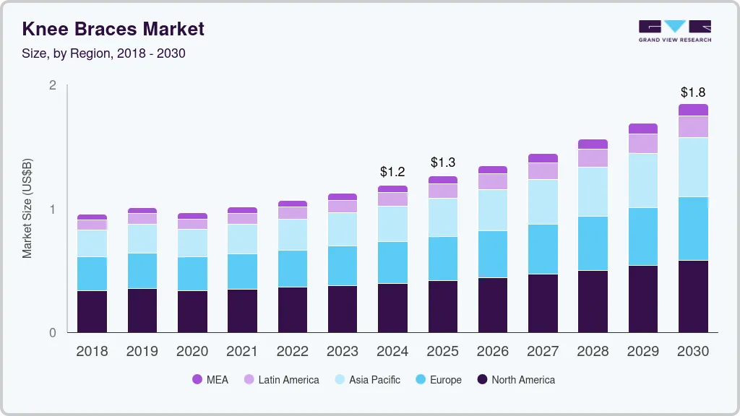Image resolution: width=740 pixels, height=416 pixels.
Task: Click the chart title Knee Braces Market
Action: [113, 29]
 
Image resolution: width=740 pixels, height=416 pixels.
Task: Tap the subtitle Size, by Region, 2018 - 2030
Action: [103, 53]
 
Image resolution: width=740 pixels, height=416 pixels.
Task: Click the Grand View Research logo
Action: [674, 30]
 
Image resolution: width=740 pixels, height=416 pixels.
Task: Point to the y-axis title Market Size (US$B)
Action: [27, 208]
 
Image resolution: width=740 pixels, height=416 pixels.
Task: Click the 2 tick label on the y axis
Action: [52, 85]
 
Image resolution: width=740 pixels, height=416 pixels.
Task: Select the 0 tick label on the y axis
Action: [52, 333]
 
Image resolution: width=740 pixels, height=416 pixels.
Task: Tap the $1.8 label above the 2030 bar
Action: [693, 92]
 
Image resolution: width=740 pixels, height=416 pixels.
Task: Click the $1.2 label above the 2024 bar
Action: [392, 172]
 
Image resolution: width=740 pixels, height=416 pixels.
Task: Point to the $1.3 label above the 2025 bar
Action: [442, 162]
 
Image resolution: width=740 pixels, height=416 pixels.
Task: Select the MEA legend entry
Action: [210, 379]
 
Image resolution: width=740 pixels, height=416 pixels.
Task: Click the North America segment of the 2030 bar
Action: [693, 296]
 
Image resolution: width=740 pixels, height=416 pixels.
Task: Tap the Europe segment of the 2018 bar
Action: [92, 274]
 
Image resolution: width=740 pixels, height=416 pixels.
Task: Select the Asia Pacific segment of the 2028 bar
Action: [593, 191]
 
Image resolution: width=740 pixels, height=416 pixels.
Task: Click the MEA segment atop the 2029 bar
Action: [642, 129]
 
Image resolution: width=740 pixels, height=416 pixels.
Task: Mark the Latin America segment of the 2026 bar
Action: [492, 181]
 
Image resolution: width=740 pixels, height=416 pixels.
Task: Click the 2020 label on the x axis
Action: [192, 352]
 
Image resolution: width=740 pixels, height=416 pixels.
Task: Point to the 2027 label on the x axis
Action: [543, 352]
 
